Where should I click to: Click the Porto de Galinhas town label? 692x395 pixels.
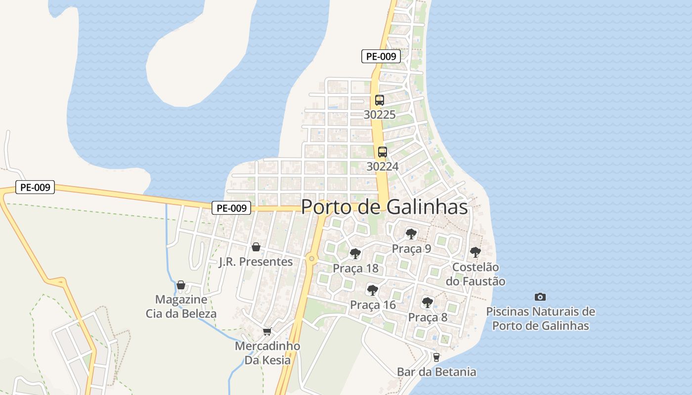click(384, 207)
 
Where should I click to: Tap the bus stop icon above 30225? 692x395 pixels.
click(379, 100)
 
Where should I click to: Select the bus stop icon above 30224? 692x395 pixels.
click(382, 152)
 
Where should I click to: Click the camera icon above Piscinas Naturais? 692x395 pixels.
click(540, 297)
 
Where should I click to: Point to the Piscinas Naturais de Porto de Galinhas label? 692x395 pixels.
click(540, 318)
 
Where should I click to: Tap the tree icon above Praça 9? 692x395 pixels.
click(411, 234)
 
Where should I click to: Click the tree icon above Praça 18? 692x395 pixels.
click(355, 254)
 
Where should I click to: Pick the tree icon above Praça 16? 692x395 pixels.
click(373, 290)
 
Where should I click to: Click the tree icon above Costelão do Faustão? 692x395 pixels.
click(475, 252)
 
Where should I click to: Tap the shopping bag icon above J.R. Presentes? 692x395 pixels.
click(256, 247)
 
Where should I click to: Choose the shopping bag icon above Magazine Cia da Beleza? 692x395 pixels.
click(181, 285)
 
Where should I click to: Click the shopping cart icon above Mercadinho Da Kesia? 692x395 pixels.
click(267, 331)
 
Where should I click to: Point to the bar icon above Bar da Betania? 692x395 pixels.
click(436, 357)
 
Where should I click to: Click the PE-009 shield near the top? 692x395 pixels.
click(381, 56)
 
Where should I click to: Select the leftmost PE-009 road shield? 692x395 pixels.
click(35, 188)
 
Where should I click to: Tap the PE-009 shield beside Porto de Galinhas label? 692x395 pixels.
click(231, 208)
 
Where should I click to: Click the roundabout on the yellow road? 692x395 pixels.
click(311, 258)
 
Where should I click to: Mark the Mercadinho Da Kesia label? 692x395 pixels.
click(267, 353)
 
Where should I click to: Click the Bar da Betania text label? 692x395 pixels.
click(436, 372)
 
